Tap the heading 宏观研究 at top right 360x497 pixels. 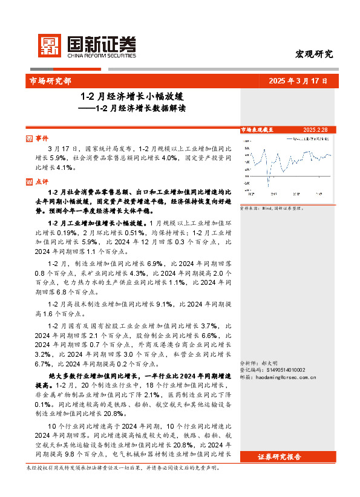pyautogui.click(x=313, y=54)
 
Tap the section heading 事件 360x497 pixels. pyautogui.click(x=42, y=138)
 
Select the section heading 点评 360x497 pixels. pyautogui.click(x=42, y=181)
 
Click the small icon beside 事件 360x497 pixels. pyautogui.click(x=30, y=138)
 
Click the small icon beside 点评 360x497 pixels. pyautogui.click(x=30, y=181)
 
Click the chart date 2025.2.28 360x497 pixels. pyautogui.click(x=315, y=129)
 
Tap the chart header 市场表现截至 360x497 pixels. pyautogui.click(x=257, y=129)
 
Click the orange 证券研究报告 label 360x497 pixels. pyautogui.click(x=279, y=456)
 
